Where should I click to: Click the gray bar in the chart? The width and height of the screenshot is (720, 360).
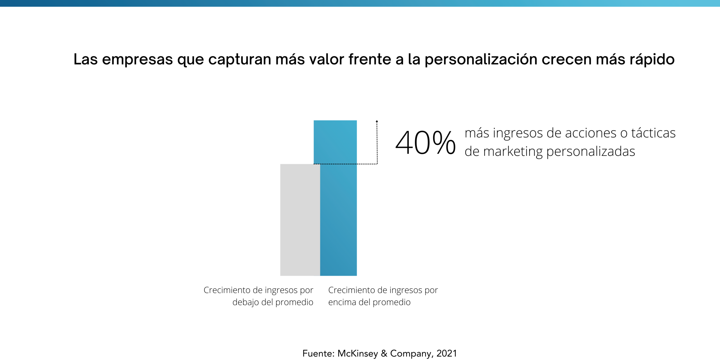[x=300, y=219]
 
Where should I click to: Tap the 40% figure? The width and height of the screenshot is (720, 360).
[x=425, y=143]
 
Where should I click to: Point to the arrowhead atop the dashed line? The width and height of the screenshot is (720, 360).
[x=377, y=121]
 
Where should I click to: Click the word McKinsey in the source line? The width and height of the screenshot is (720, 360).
[x=357, y=353]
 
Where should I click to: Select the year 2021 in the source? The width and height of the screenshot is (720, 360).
[x=447, y=353]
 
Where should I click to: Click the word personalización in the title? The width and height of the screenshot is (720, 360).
[x=481, y=60]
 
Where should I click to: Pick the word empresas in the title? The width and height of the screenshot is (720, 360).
[x=137, y=60]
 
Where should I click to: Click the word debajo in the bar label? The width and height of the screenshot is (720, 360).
[x=246, y=302]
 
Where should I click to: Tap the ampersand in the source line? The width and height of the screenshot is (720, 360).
[x=384, y=353]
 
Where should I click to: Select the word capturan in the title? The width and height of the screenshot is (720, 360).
[x=240, y=60]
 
